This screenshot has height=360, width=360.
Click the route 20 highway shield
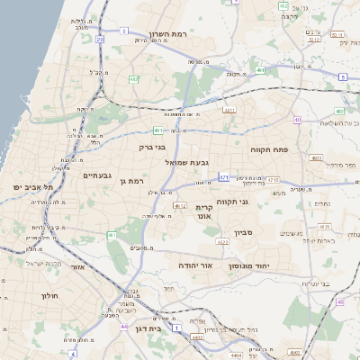click(99, 39)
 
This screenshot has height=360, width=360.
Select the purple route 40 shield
click(297, 119)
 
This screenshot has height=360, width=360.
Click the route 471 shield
click(223, 177)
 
